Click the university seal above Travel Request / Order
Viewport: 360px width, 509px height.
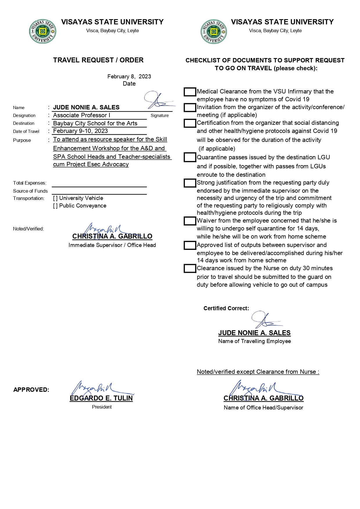[42, 32]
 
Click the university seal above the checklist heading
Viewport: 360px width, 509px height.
[214, 32]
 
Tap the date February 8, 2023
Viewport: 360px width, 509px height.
[129, 76]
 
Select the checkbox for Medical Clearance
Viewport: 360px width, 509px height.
[190, 92]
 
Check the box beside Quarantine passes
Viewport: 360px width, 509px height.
[190, 158]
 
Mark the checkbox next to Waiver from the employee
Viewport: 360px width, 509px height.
[190, 221]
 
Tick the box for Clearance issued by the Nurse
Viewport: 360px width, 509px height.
[190, 268]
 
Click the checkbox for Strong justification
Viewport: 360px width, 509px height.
[190, 183]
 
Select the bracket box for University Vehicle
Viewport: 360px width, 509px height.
[55, 198]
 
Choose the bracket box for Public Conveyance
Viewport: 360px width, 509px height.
[55, 206]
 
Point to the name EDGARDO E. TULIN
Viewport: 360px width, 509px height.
[101, 398]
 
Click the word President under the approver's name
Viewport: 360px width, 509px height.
[102, 407]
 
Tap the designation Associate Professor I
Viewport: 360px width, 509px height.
[82, 115]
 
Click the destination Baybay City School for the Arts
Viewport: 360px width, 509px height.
[95, 123]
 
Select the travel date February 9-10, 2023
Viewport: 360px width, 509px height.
[80, 131]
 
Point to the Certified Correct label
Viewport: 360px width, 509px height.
[226, 308]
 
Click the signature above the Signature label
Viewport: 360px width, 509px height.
[158, 100]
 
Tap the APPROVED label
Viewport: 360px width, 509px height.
[31, 390]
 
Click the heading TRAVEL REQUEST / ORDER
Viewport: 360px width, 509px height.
[98, 60]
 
